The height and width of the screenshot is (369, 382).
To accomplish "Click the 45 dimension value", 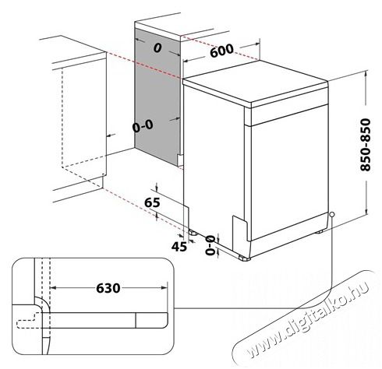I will pos(179,247).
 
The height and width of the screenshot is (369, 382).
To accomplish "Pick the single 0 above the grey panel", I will pos(157,49).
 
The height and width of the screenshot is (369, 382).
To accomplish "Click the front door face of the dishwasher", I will pos(288,179).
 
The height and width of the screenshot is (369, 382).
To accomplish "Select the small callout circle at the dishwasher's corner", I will pos(332,216).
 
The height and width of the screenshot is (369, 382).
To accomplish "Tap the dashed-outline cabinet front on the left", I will pos(81,117).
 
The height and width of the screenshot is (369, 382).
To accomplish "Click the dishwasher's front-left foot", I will pos(246,257).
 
